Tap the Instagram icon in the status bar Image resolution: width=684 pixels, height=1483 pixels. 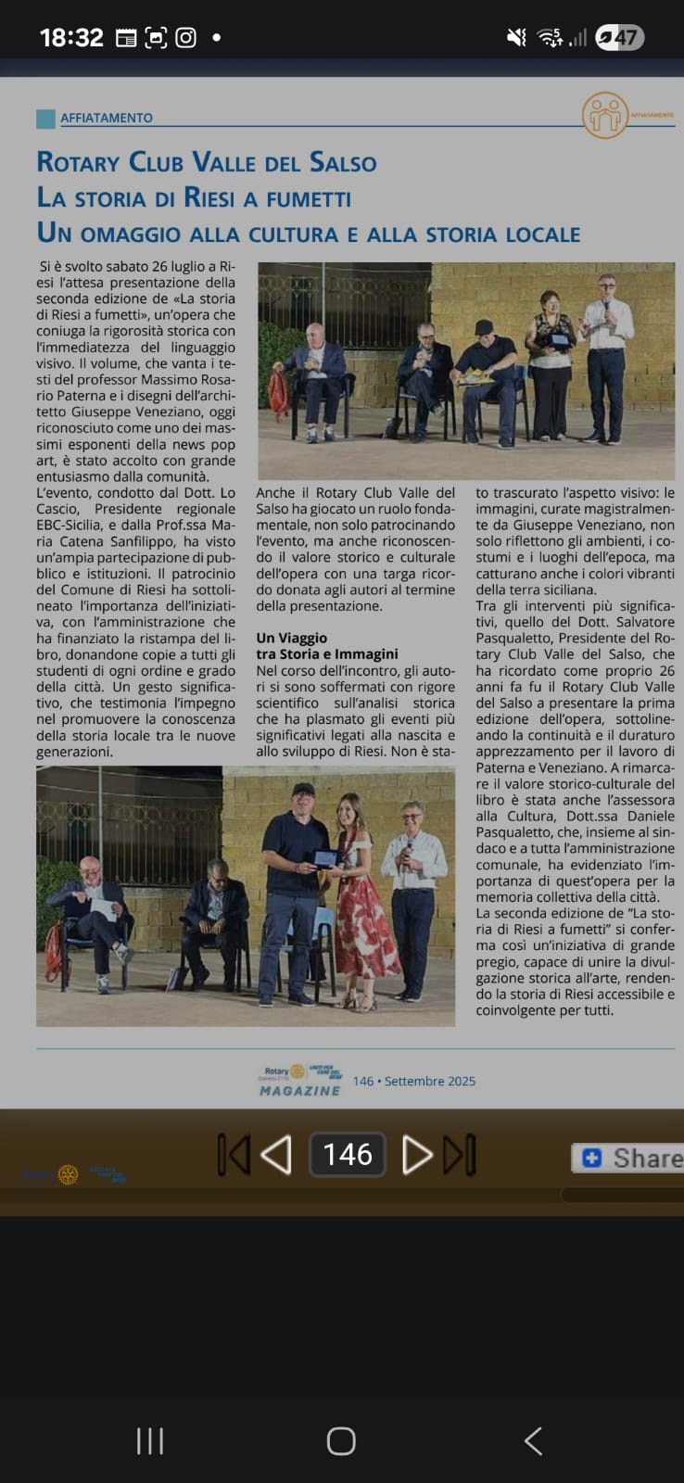tap(186, 37)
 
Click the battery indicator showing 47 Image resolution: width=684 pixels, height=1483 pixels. tap(619, 37)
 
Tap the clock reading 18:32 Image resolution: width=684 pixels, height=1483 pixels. tap(71, 37)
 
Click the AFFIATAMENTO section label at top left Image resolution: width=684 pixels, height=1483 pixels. tap(106, 118)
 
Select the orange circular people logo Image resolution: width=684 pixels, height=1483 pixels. tap(604, 116)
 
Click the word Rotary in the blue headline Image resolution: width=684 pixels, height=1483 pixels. tap(79, 162)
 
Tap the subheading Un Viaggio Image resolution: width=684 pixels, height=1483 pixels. tap(291, 638)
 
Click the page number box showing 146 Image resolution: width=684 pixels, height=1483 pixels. tap(348, 1154)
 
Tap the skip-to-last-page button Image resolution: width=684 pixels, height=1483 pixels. tap(460, 1155)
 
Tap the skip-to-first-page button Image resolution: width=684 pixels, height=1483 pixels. tap(233, 1155)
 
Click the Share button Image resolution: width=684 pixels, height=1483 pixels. tap(630, 1158)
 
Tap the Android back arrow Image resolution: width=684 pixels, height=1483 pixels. tap(533, 1440)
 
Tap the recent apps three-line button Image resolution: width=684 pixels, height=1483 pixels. tap(150, 1440)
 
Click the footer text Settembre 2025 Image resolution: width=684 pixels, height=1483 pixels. tap(429, 1081)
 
